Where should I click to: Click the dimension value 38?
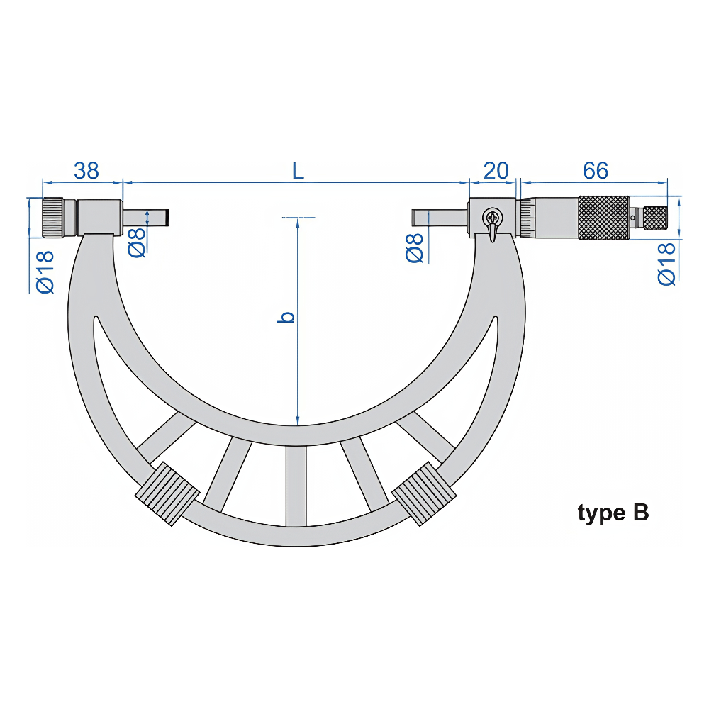86,170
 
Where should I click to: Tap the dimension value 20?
496,170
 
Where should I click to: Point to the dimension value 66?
596,170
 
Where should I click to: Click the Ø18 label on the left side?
45,271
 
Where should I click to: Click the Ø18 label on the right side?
666,264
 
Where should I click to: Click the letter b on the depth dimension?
286,317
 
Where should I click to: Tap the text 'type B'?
613,513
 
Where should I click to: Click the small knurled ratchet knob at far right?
655,217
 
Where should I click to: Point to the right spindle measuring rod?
440,216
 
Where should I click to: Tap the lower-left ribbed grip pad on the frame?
165,493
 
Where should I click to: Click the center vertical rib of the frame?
296,486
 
